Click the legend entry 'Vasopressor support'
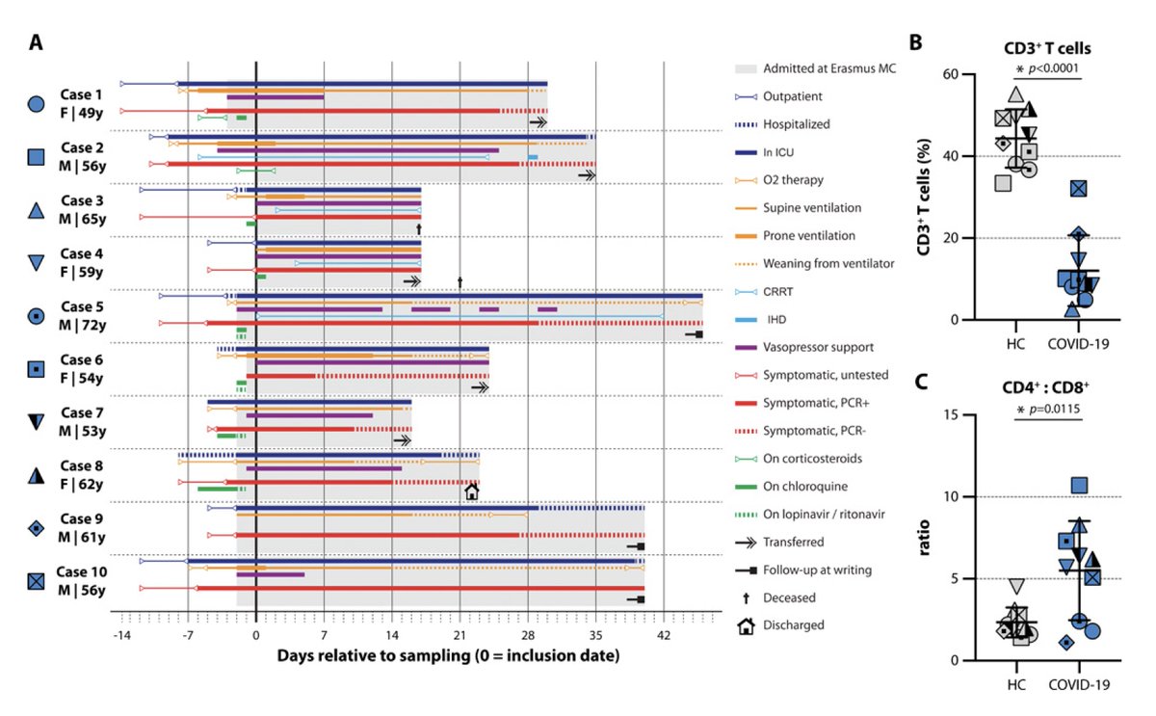pos(819,347)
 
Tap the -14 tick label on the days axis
pos(121,637)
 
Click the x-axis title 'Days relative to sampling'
pos(448,656)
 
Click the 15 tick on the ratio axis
pos(954,414)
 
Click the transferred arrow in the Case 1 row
pos(539,122)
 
